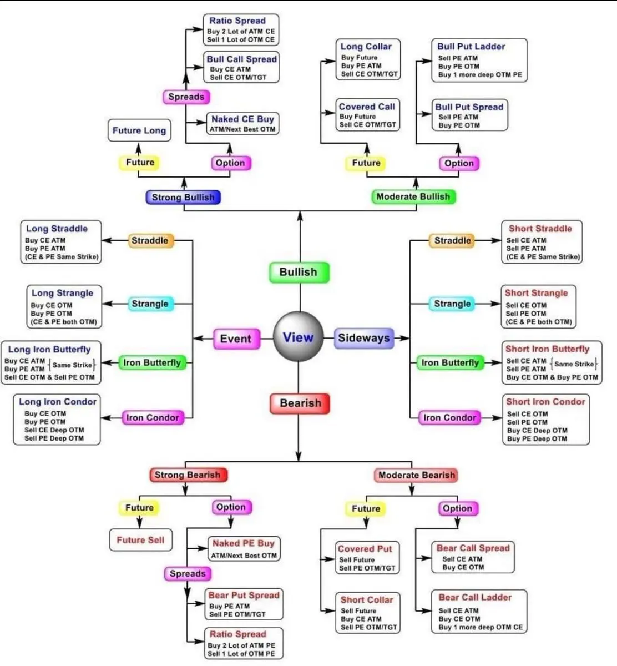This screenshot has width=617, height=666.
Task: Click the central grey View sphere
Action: tap(298, 337)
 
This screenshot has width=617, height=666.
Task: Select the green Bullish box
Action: tap(299, 272)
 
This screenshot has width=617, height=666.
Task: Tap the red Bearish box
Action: tap(300, 403)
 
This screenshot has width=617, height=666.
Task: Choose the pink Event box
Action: tap(236, 339)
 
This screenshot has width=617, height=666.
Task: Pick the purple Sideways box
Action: tap(364, 338)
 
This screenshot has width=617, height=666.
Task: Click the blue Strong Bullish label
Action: tap(183, 197)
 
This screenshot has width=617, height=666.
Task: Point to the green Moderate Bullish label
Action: tap(413, 196)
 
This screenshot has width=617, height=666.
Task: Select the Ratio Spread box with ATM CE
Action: tap(240, 30)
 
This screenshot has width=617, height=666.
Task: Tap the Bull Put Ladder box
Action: tap(479, 60)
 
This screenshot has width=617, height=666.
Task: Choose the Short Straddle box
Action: tap(542, 242)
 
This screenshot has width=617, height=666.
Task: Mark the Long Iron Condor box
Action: tap(57, 420)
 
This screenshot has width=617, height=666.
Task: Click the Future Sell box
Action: tap(140, 539)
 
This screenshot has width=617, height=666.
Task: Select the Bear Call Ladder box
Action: tap(479, 612)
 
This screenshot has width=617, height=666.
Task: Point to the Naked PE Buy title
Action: tap(244, 543)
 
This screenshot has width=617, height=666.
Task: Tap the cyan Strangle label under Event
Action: tap(150, 304)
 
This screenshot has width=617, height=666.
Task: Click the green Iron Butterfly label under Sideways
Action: tap(449, 362)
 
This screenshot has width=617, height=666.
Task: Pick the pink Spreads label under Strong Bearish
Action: tap(188, 573)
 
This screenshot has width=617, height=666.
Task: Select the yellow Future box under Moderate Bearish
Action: tap(366, 508)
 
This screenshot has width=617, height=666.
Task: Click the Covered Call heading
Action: tap(367, 107)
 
